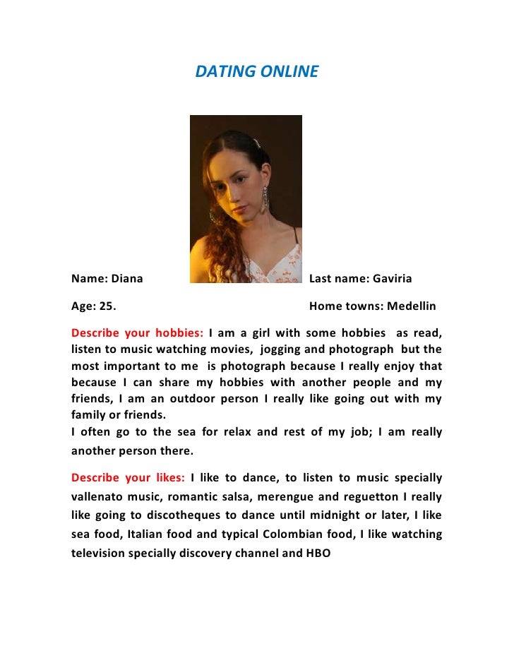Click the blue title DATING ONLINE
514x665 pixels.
tap(256, 72)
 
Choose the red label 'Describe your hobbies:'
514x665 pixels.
tap(137, 333)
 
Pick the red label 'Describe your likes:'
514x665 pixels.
tap(128, 478)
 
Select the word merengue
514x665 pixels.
tap(304, 497)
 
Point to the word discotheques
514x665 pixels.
tap(193, 516)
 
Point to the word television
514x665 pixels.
tap(97, 553)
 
